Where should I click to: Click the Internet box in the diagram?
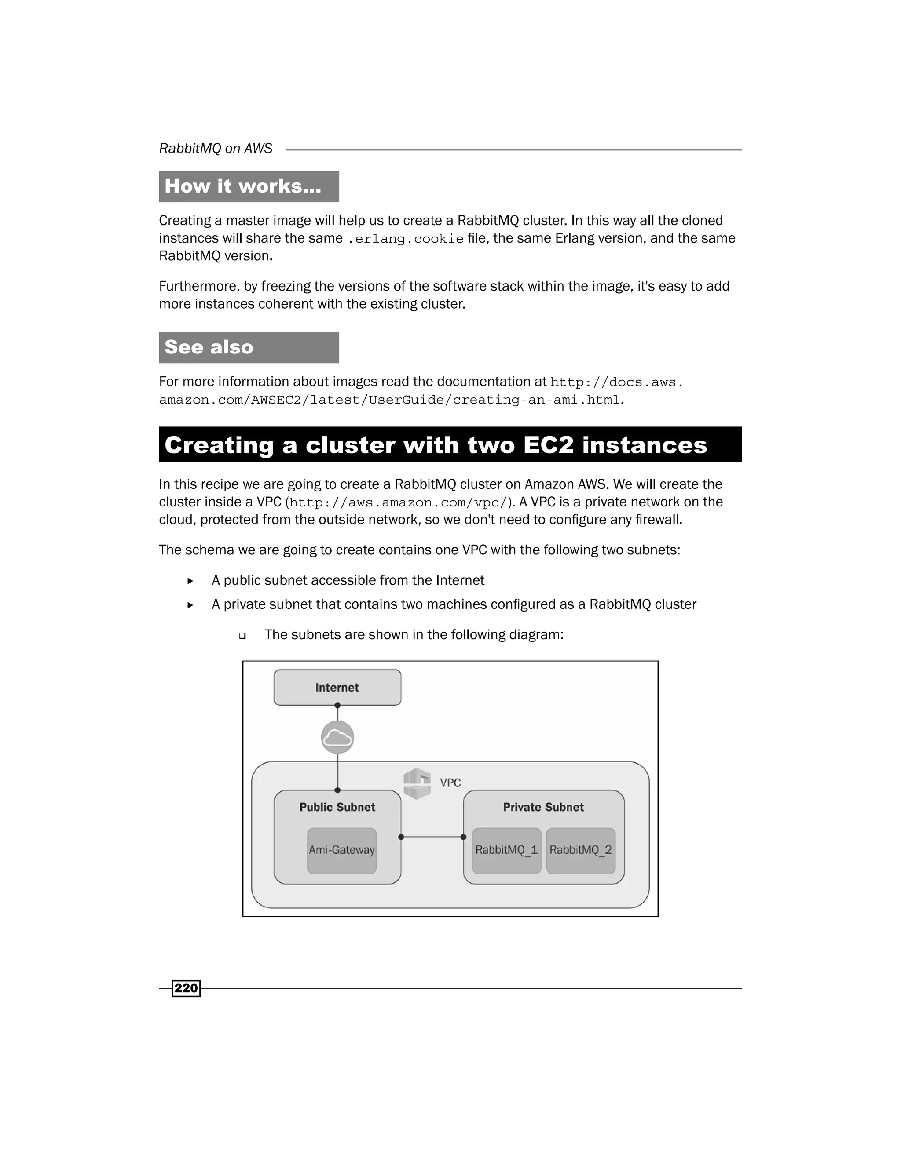click(x=337, y=688)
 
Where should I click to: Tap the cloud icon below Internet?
click(x=337, y=737)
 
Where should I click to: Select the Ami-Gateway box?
click(x=341, y=850)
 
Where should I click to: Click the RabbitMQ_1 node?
click(x=506, y=850)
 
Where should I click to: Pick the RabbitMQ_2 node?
click(x=581, y=850)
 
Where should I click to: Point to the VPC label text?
click(x=450, y=783)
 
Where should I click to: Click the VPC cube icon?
click(x=417, y=783)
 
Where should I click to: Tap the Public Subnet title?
click(x=337, y=807)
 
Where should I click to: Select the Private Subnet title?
click(x=543, y=807)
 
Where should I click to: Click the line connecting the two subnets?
click(x=432, y=837)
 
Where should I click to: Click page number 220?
click(x=186, y=988)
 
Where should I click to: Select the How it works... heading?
click(x=243, y=186)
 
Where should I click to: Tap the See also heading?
click(x=209, y=347)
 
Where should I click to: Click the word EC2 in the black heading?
click(x=548, y=445)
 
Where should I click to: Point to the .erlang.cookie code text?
click(x=406, y=239)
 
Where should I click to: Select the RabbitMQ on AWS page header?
click(x=216, y=148)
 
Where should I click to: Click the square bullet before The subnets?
click(x=242, y=636)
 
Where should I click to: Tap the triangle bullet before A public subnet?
click(x=190, y=581)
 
